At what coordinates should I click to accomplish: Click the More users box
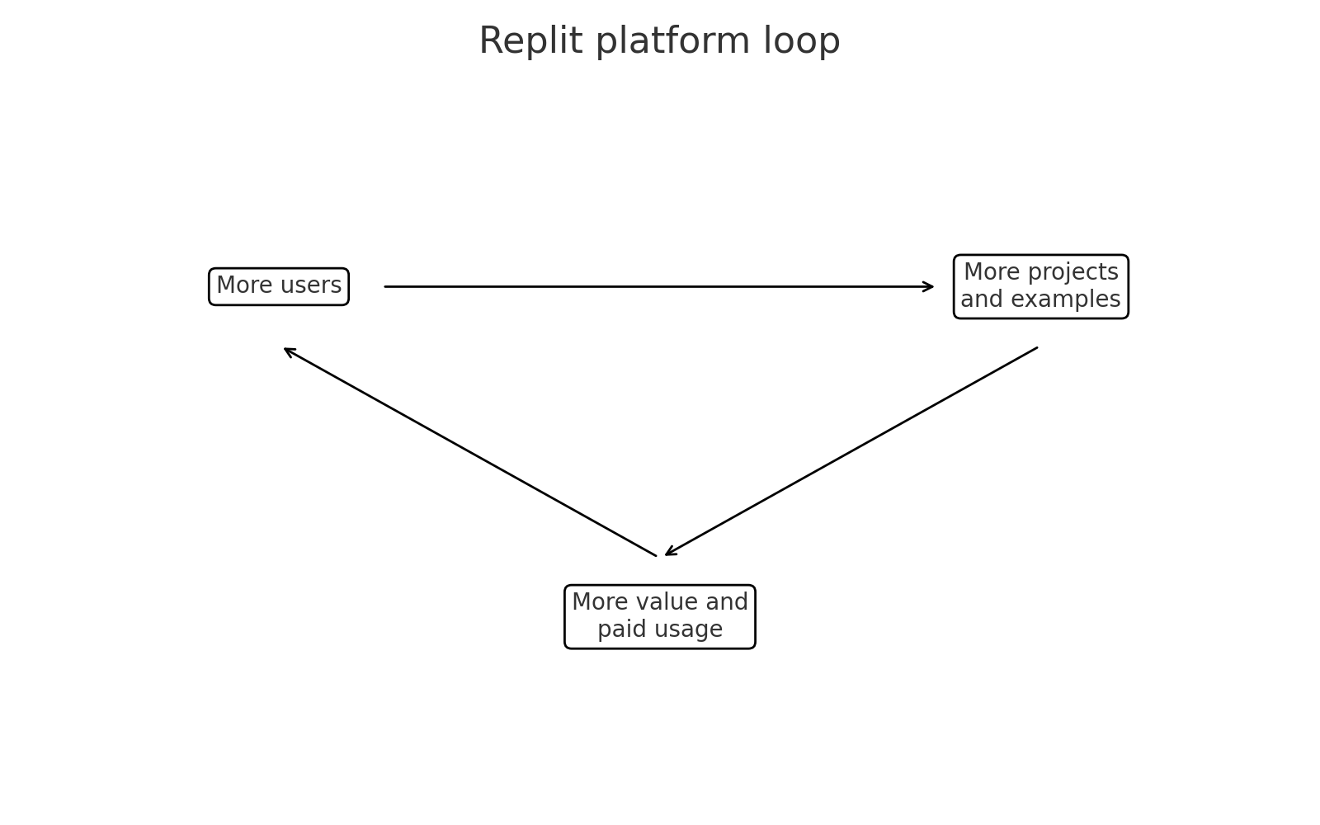279,286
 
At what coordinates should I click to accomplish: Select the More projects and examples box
1040,286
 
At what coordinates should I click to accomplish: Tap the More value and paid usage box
659,616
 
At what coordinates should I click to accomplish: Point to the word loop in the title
807,41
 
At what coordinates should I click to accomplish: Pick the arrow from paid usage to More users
470,452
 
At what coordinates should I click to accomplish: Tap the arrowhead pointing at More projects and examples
929,286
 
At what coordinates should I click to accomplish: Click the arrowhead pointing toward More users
289,351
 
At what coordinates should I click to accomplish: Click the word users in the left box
311,286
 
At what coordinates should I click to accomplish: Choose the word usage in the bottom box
684,629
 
